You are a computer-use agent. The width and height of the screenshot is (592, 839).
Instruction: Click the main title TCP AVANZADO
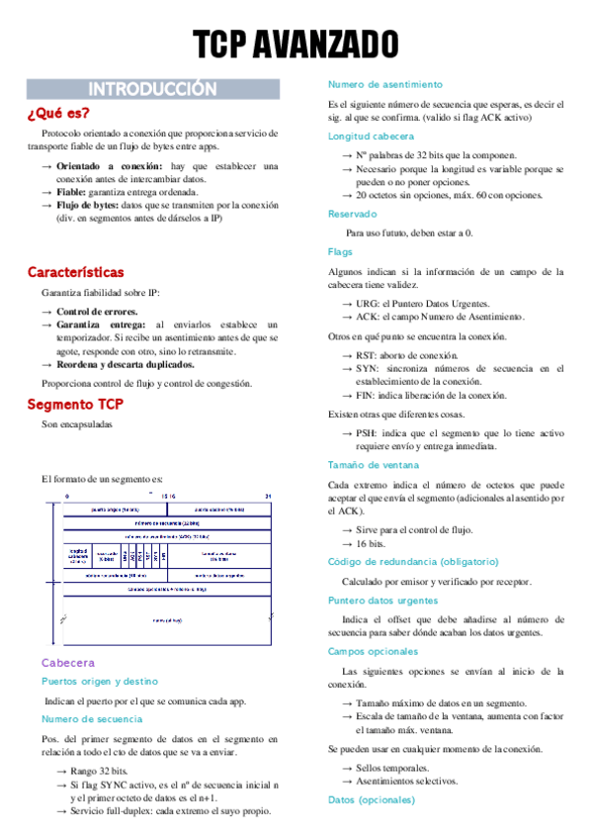(296, 45)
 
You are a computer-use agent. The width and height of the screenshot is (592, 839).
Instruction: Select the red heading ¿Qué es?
(58, 113)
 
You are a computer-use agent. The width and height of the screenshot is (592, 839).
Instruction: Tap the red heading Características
(75, 271)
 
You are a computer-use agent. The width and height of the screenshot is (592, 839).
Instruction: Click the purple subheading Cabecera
(67, 662)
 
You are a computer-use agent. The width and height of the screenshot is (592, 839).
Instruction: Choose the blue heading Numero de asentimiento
(384, 84)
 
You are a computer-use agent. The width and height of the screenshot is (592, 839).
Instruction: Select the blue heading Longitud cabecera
(371, 136)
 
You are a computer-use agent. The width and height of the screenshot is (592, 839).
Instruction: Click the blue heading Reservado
(353, 213)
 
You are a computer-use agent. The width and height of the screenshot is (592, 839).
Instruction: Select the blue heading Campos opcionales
(373, 651)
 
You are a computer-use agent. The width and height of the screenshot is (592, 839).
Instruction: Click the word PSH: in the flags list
(367, 433)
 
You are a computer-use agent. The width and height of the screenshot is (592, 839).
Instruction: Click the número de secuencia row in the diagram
(166, 522)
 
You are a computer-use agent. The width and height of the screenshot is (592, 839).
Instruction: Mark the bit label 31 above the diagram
(268, 497)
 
